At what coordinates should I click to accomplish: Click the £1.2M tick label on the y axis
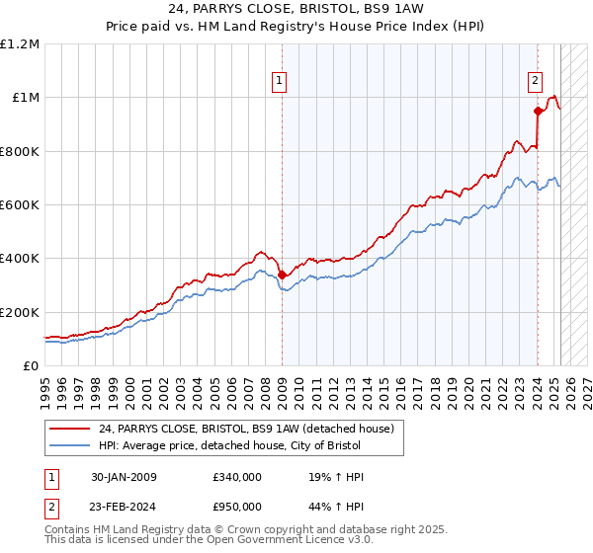(x=20, y=44)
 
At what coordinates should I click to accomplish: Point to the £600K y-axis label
(x=20, y=205)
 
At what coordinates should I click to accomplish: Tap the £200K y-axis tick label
(x=20, y=312)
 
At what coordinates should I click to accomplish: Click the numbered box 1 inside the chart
(x=280, y=82)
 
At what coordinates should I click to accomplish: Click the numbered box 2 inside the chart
(x=535, y=82)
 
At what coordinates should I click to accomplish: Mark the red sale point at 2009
(x=282, y=275)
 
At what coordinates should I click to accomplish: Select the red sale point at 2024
(x=538, y=111)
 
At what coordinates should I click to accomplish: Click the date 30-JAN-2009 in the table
(x=124, y=477)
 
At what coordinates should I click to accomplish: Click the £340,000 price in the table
(x=236, y=477)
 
